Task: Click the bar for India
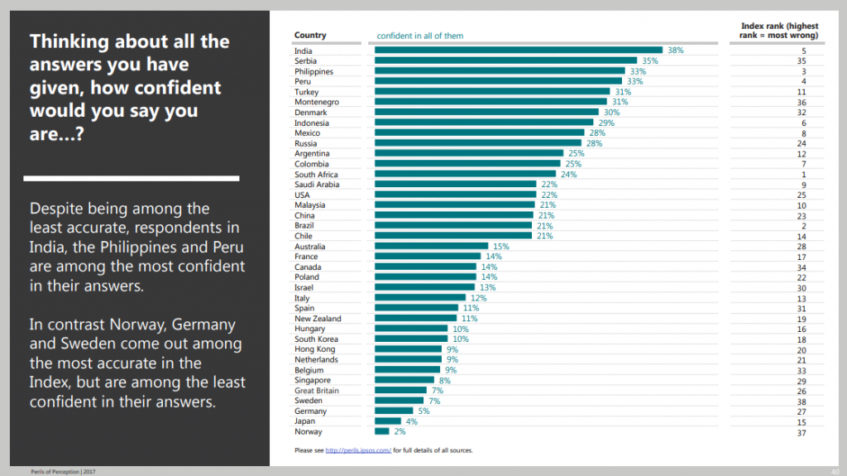coord(519,50)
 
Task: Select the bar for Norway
coord(382,431)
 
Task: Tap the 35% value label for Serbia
coord(649,61)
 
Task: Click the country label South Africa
coord(317,175)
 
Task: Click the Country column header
coord(310,36)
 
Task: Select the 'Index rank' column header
coord(779,31)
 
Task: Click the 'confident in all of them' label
coord(420,36)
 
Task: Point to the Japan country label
coord(304,421)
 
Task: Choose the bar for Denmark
coord(486,113)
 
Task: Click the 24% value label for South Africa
coord(568,175)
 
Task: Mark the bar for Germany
coord(394,411)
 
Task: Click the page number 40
coord(834,470)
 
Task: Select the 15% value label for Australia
coord(501,247)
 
